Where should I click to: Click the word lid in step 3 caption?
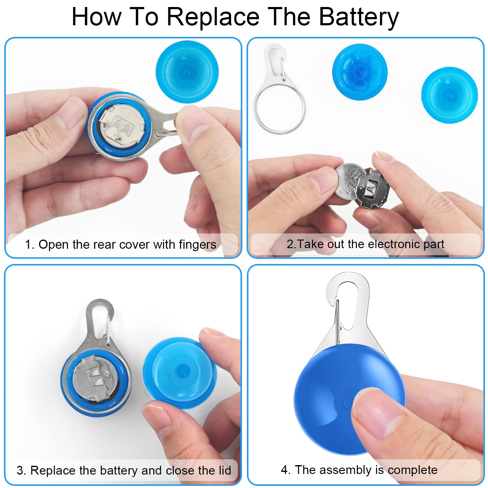pos(225,470)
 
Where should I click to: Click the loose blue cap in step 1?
pos(187,72)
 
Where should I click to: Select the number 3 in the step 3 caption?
pos(20,471)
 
